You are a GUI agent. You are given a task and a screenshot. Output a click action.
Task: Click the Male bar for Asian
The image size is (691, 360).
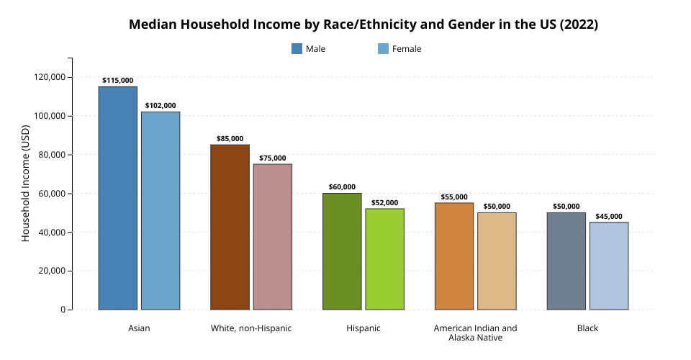tap(118, 198)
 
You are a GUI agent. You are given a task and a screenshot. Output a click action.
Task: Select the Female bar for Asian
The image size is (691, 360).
tap(161, 211)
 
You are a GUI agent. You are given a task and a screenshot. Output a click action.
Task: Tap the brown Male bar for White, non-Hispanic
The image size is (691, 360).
tap(230, 228)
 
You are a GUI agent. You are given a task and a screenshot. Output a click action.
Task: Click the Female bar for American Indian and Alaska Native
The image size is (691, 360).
tap(497, 261)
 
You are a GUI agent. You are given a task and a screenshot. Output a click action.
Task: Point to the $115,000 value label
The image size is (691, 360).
tap(118, 81)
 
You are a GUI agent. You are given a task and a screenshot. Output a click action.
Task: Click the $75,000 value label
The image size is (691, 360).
tap(273, 158)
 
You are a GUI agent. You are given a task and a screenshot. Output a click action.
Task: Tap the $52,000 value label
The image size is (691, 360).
tap(385, 203)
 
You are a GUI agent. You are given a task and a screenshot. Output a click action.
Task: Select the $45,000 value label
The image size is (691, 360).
tap(609, 217)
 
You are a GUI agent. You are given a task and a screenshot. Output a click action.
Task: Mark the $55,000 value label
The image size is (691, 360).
tap(454, 197)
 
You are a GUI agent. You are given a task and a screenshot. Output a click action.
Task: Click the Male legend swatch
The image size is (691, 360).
tap(297, 49)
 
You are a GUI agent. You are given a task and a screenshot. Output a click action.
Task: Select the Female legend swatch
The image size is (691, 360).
tap(383, 49)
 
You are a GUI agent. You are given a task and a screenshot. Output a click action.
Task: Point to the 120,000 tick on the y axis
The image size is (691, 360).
tap(50, 77)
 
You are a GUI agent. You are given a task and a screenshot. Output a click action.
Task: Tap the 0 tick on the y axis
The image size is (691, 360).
tap(63, 310)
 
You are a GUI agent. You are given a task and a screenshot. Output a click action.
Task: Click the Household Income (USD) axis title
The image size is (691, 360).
tap(26, 184)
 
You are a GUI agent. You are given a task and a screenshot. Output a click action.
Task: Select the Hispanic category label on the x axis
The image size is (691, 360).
tap(363, 328)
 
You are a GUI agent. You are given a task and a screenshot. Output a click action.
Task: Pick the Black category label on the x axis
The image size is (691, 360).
tap(587, 328)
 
